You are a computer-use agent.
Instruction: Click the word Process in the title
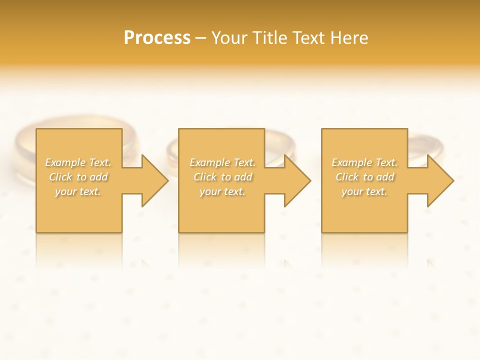[x=157, y=38]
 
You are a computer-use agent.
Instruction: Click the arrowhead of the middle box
[x=297, y=180]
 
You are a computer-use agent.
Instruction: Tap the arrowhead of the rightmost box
[x=439, y=180]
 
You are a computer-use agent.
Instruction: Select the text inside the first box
[x=78, y=177]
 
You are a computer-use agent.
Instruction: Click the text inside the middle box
[x=222, y=177]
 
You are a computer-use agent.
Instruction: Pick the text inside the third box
[x=364, y=177]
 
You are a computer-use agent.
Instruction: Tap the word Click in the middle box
[x=204, y=177]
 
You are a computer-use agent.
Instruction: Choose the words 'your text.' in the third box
[x=364, y=191]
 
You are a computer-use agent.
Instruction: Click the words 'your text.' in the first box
[x=78, y=191]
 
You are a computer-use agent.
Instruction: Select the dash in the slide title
[x=200, y=38]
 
